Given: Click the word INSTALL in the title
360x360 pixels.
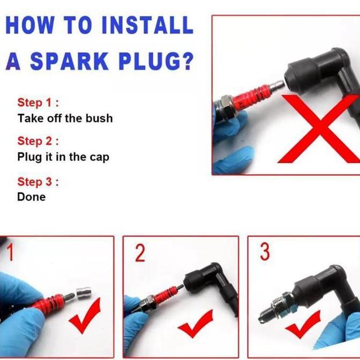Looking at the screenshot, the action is point(147,25).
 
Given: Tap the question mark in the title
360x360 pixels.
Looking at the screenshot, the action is point(186,61).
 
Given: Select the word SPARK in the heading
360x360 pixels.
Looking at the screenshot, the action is point(69,61).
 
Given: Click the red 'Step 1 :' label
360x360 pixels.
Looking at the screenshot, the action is point(38,102).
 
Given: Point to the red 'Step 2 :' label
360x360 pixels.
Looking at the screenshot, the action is point(38,141).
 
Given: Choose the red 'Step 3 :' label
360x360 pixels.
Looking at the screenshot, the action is point(38,182).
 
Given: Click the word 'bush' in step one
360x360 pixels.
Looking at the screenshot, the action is point(99,118).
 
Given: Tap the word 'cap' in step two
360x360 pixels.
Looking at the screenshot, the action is point(100,157).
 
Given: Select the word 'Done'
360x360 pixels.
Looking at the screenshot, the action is point(32,197).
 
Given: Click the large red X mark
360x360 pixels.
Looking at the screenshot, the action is point(318,129).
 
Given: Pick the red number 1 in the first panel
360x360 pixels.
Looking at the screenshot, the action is point(10,252).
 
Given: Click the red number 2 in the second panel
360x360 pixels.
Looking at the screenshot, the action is point(140,253).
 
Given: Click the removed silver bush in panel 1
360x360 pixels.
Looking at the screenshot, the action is point(84,294).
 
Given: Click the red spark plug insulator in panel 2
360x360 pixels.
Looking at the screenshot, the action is point(166,297).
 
